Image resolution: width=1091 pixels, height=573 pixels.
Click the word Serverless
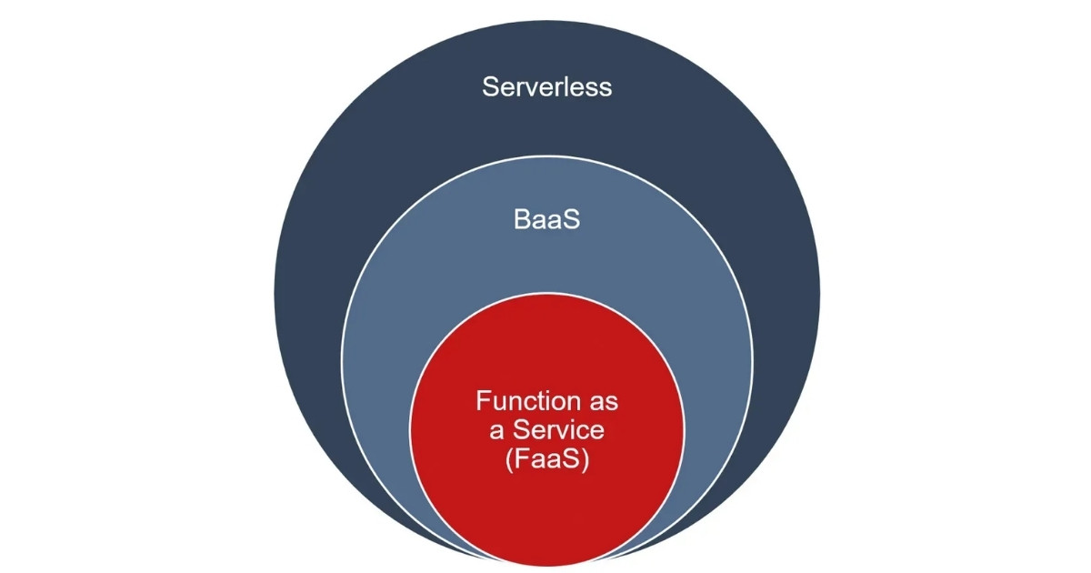tap(546, 87)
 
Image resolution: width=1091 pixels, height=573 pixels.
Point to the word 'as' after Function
tap(602, 401)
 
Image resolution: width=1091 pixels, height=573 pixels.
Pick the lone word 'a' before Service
tap(485, 430)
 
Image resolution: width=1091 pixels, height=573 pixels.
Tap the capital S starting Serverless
tap(490, 87)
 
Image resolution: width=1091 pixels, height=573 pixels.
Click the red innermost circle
tap(546, 509)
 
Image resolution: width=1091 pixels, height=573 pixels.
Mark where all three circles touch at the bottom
tap(546, 556)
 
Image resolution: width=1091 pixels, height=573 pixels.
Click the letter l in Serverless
tap(566, 87)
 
